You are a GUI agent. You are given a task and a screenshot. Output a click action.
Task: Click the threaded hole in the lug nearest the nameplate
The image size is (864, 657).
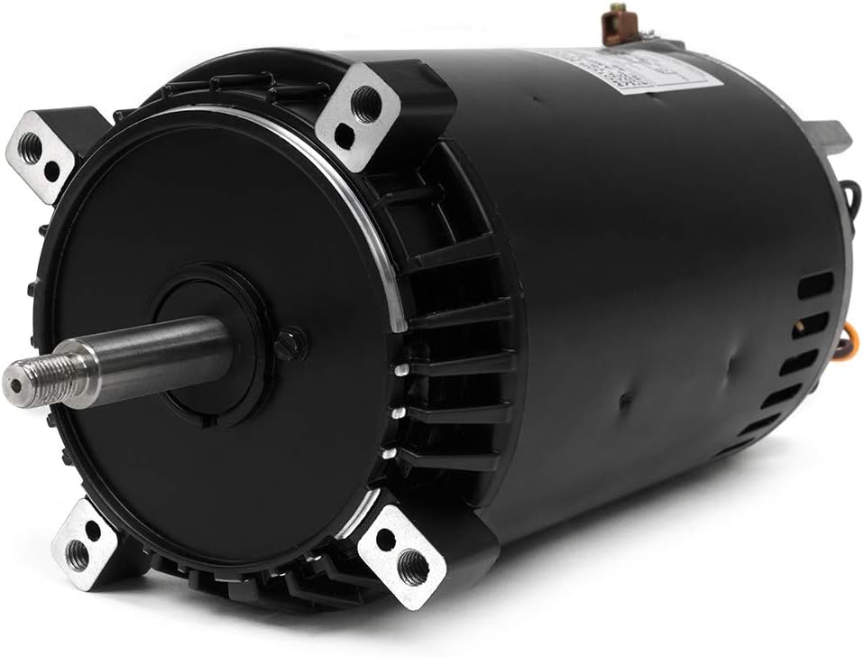point(366,104)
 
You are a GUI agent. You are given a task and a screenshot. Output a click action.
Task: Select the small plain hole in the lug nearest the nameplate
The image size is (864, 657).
point(345,136)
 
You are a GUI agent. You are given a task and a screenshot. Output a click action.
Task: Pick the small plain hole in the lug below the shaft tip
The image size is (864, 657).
point(93,530)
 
